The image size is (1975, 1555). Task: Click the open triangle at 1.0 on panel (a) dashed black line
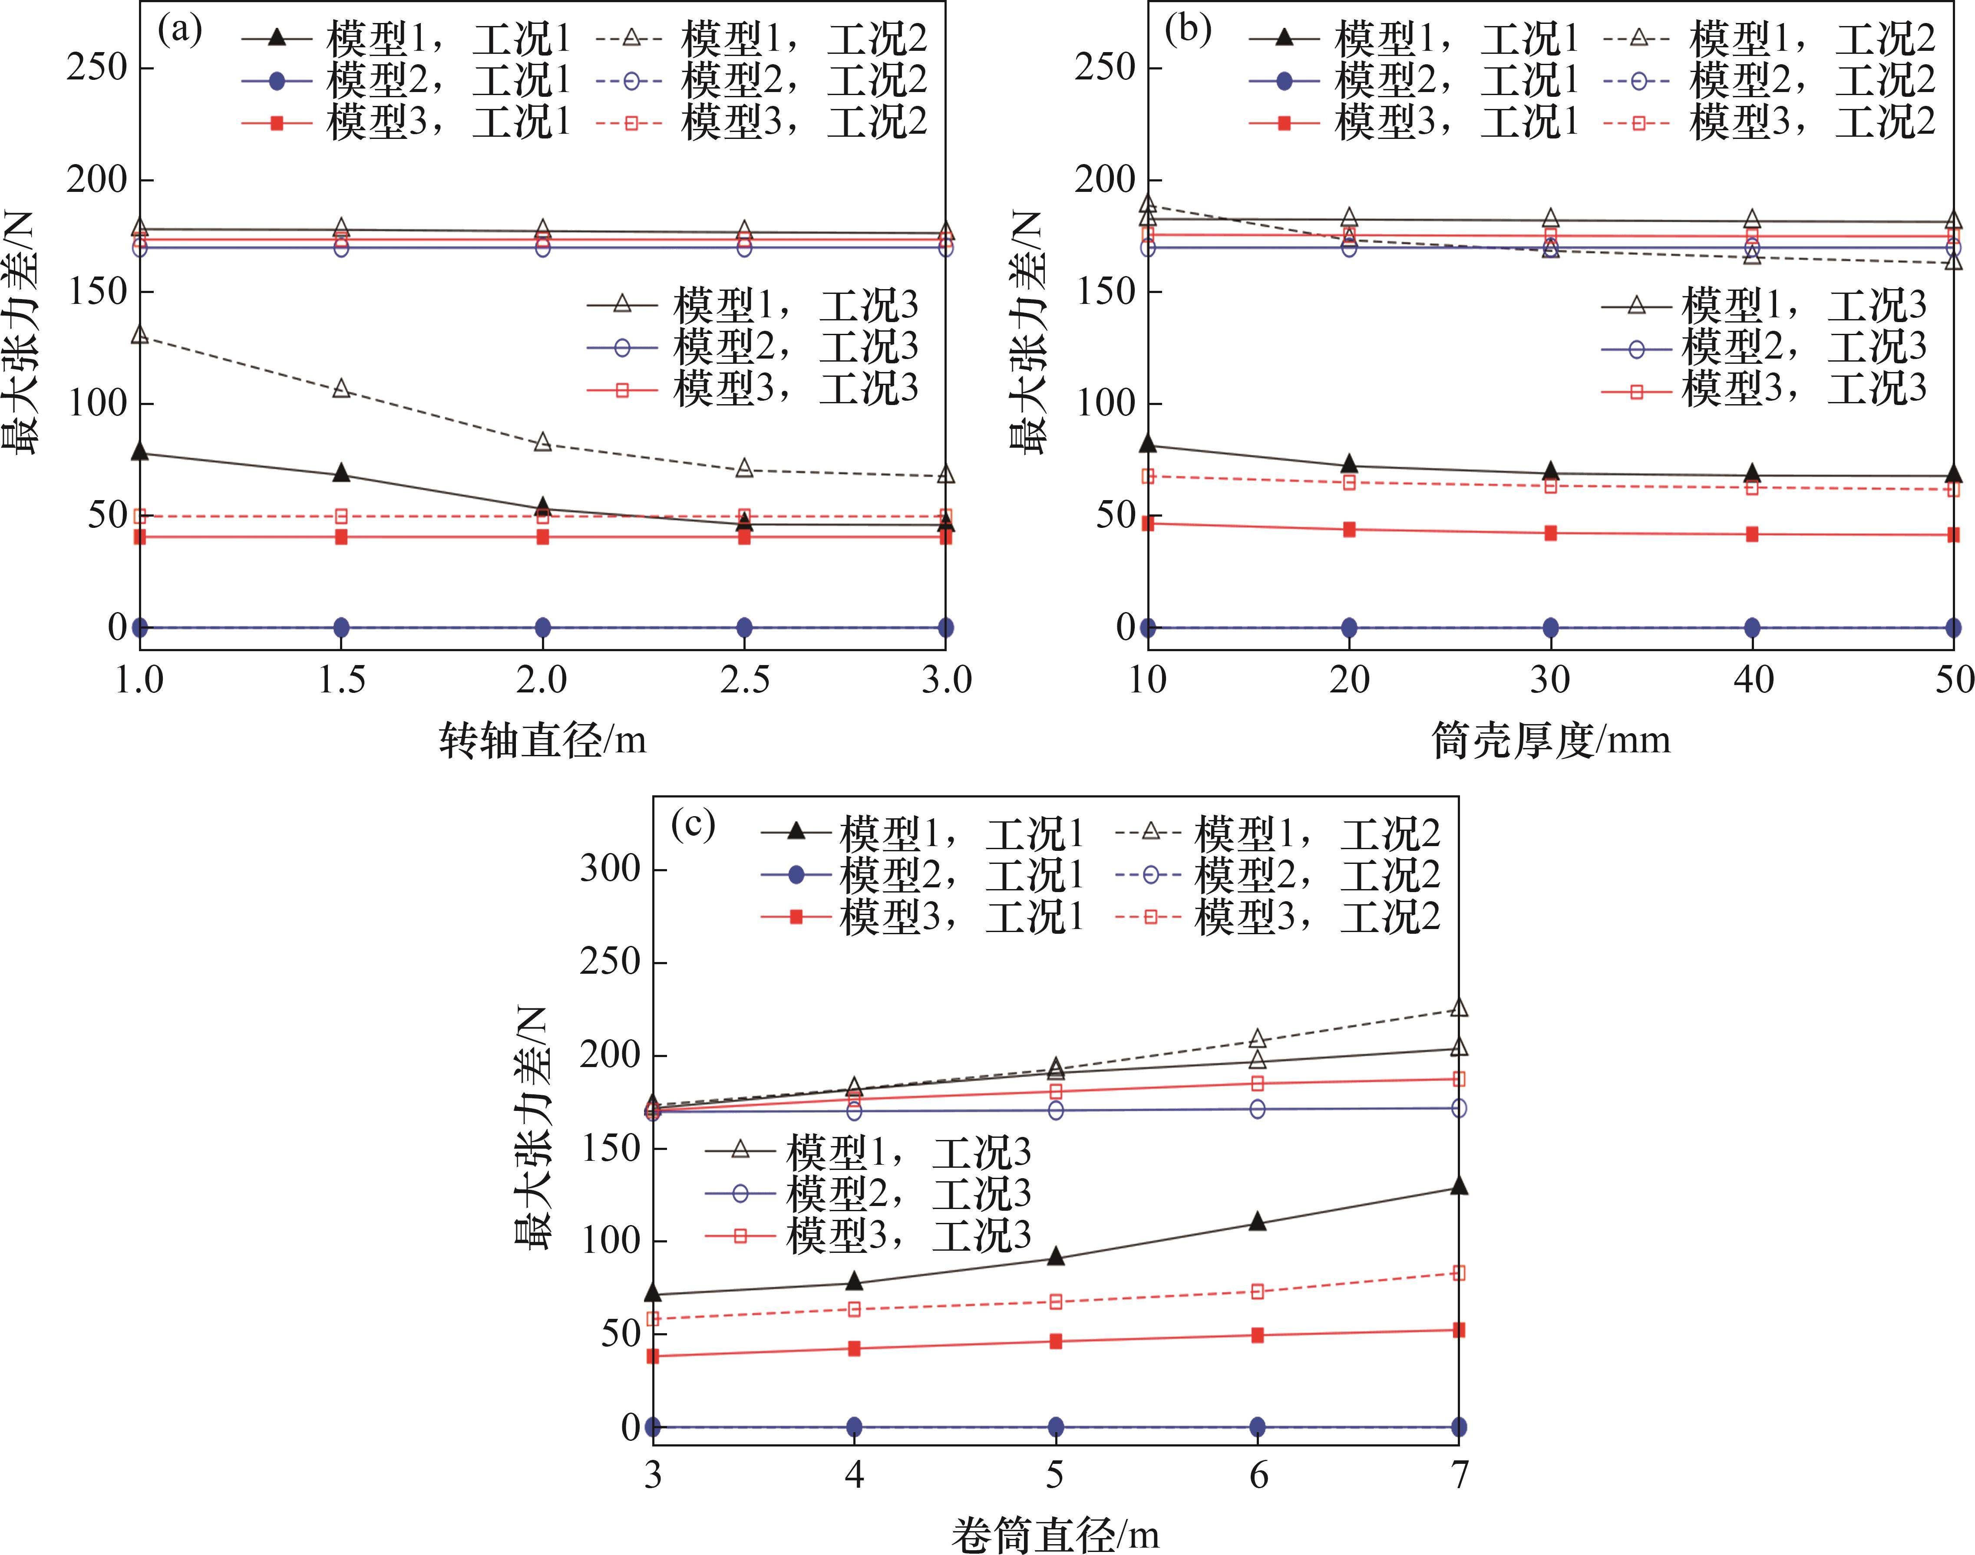[x=140, y=335]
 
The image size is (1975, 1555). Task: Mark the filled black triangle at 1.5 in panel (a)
[x=341, y=472]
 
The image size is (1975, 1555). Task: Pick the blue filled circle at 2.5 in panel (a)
[x=744, y=627]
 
